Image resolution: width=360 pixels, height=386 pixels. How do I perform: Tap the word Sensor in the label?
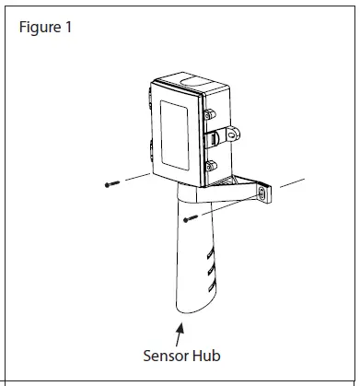pyautogui.click(x=167, y=354)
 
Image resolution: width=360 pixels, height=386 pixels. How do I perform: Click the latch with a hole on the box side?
pyautogui.click(x=219, y=137)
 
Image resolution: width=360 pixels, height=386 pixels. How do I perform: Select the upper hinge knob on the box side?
pyautogui.click(x=211, y=115)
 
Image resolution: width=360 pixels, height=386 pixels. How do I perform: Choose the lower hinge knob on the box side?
pyautogui.click(x=211, y=166)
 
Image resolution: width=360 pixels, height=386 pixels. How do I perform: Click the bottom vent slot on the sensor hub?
pyautogui.click(x=210, y=290)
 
